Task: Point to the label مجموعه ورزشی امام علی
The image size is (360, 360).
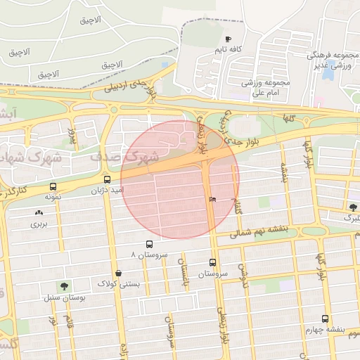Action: point(261,87)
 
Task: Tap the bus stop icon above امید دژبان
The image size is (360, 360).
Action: point(106,179)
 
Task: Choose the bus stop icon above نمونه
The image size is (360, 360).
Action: point(53,187)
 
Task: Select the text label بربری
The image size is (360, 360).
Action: point(37,225)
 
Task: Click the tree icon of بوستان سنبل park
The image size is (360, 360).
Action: point(65,286)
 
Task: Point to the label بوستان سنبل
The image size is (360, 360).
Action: point(64,299)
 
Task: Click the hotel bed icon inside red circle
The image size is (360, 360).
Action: point(212,200)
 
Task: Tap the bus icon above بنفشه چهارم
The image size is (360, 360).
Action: point(325,318)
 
